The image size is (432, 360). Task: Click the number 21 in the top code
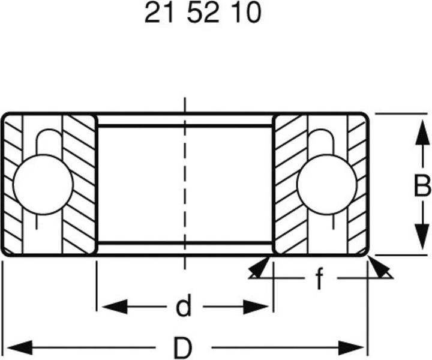157,13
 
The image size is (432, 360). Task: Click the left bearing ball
43,184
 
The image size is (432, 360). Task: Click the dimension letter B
422,187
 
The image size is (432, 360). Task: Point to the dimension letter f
320,278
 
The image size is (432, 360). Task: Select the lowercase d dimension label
184,308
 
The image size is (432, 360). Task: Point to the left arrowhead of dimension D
18,347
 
